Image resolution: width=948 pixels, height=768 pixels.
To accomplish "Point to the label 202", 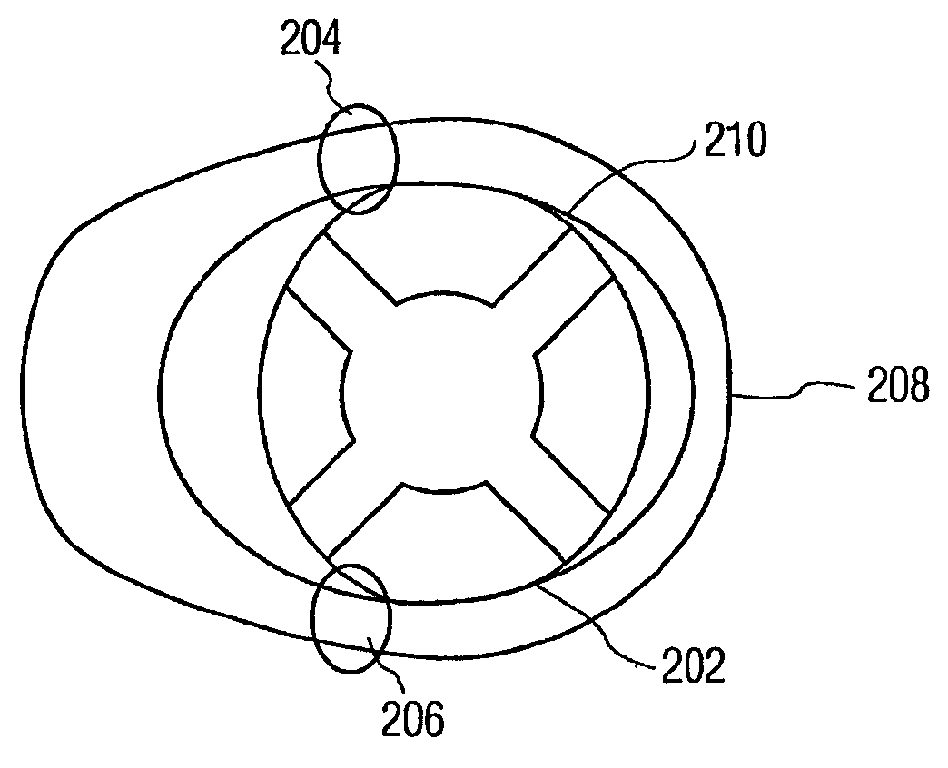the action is click(x=691, y=667).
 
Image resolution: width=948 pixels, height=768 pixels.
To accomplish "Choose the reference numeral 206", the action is click(x=412, y=722).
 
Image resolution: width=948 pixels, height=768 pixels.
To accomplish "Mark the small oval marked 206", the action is click(x=351, y=617).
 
